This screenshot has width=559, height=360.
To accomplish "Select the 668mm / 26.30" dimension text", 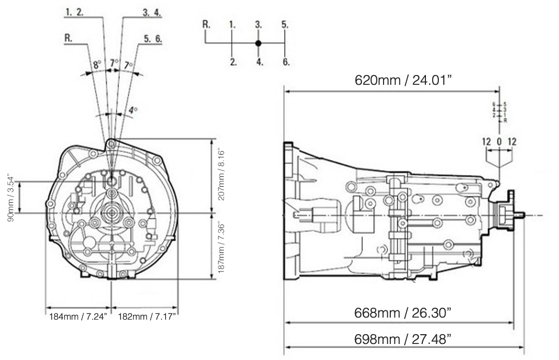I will [x=402, y=313].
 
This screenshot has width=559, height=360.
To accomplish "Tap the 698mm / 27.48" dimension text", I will [x=402, y=339].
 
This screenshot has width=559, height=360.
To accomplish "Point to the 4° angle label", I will [x=133, y=110].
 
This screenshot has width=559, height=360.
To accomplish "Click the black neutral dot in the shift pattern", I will [x=259, y=43].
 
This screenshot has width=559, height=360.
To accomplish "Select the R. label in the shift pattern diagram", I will [x=206, y=24].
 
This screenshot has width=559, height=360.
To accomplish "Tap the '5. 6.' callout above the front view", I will [x=153, y=38].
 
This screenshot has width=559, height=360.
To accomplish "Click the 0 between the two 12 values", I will [x=499, y=141].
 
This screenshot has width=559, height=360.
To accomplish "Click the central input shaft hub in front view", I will [x=112, y=212].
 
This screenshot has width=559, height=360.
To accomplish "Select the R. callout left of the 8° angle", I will [x=67, y=38].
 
